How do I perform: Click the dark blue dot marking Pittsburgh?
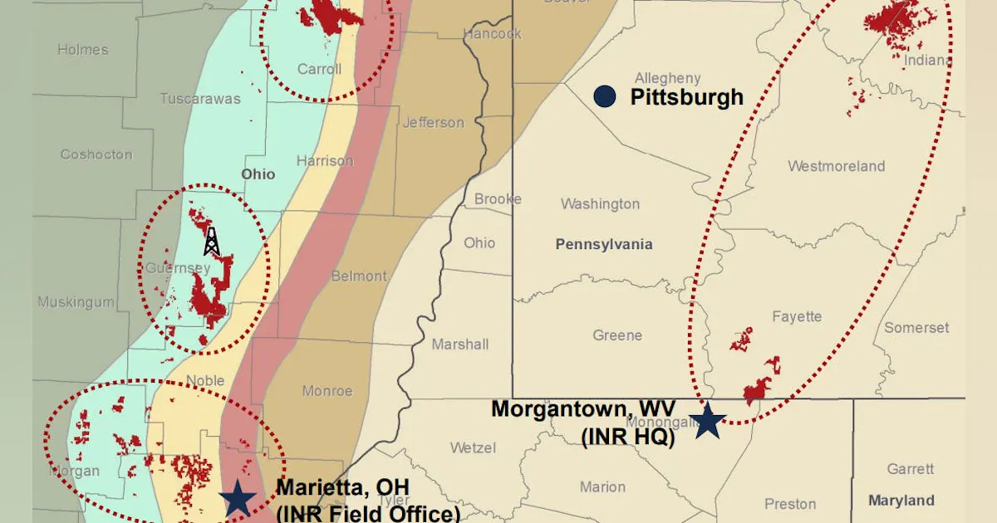pos(605,96)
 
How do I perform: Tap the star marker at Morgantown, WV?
pos(707,421)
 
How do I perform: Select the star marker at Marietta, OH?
pos(238,499)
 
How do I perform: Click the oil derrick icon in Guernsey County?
pos(212,242)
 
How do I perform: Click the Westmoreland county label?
pos(836,166)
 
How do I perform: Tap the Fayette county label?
pos(797,316)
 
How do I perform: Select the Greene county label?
pos(617,335)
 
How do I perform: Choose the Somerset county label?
pos(916,328)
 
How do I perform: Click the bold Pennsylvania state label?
pos(604,244)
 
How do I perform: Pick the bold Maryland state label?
pos(901,501)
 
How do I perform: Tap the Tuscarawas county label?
pos(199,99)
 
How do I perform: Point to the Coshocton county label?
pos(96,154)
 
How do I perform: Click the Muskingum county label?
pos(76,302)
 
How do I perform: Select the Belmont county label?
pos(359,276)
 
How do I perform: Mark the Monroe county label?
pos(327,391)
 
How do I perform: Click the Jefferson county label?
pos(433,123)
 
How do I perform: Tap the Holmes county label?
pos(83,50)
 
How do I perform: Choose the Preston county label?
pos(790,504)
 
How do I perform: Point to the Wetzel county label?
pos(473,448)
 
